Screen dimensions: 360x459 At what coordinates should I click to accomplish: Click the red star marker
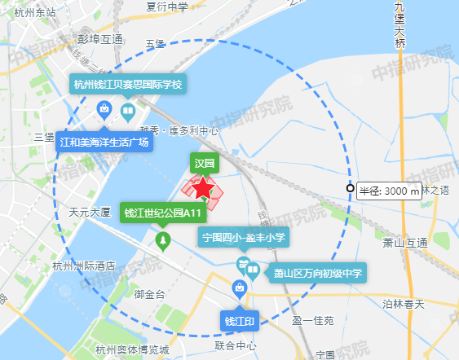(203, 189)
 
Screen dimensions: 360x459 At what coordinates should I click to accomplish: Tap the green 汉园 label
(204, 163)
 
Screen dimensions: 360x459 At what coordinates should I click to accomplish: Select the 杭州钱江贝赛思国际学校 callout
(128, 85)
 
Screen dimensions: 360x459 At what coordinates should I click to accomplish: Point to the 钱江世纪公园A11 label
(163, 213)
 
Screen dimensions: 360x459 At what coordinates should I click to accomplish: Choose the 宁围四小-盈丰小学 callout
(243, 237)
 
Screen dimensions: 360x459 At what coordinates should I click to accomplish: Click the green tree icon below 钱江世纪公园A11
(163, 241)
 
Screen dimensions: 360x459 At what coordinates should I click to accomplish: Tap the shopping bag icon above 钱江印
(240, 288)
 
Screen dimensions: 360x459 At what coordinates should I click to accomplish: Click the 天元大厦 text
(89, 212)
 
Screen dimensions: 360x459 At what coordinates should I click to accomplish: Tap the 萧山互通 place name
(405, 243)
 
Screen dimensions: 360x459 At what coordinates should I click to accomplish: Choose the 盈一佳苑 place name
(313, 321)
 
